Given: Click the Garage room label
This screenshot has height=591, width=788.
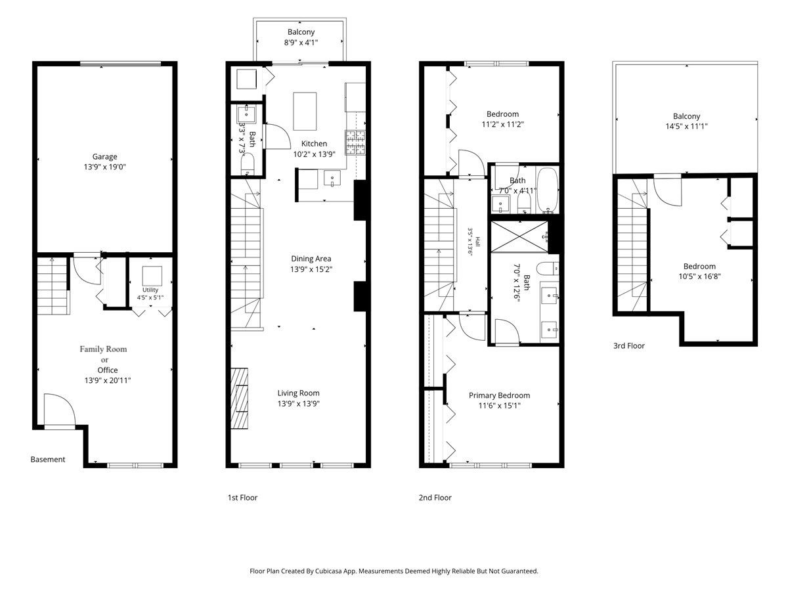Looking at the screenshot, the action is coord(104,156).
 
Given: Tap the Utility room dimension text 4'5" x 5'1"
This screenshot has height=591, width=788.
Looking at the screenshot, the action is coord(150,297).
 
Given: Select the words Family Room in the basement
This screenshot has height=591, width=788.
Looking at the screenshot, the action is coord(103,349).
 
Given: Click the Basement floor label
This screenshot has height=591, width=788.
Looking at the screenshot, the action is coord(48,459).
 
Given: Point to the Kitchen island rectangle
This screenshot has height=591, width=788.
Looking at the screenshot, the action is coord(305,111).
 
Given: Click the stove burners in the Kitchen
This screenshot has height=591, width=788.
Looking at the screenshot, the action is coord(355,142).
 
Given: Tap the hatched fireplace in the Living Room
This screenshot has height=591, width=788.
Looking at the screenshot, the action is coord(239,398).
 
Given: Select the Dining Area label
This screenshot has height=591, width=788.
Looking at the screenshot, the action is coord(311,259).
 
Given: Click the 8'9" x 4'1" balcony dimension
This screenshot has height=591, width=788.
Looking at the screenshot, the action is coord(301,43).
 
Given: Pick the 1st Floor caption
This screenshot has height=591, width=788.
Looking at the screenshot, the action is coord(243,497).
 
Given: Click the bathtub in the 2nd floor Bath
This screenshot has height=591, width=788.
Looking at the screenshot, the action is coord(547,190).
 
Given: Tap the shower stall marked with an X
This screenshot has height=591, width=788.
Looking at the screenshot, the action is coord(519,237).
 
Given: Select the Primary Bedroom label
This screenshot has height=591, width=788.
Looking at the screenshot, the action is coord(499,395).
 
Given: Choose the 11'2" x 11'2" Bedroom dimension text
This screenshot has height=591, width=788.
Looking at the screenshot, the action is coord(502,125).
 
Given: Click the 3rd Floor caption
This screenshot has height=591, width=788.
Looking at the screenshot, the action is coord(629,345).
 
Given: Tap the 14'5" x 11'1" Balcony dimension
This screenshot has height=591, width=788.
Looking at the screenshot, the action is coord(686,126).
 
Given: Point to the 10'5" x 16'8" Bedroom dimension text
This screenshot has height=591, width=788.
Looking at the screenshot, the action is coord(699,276).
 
